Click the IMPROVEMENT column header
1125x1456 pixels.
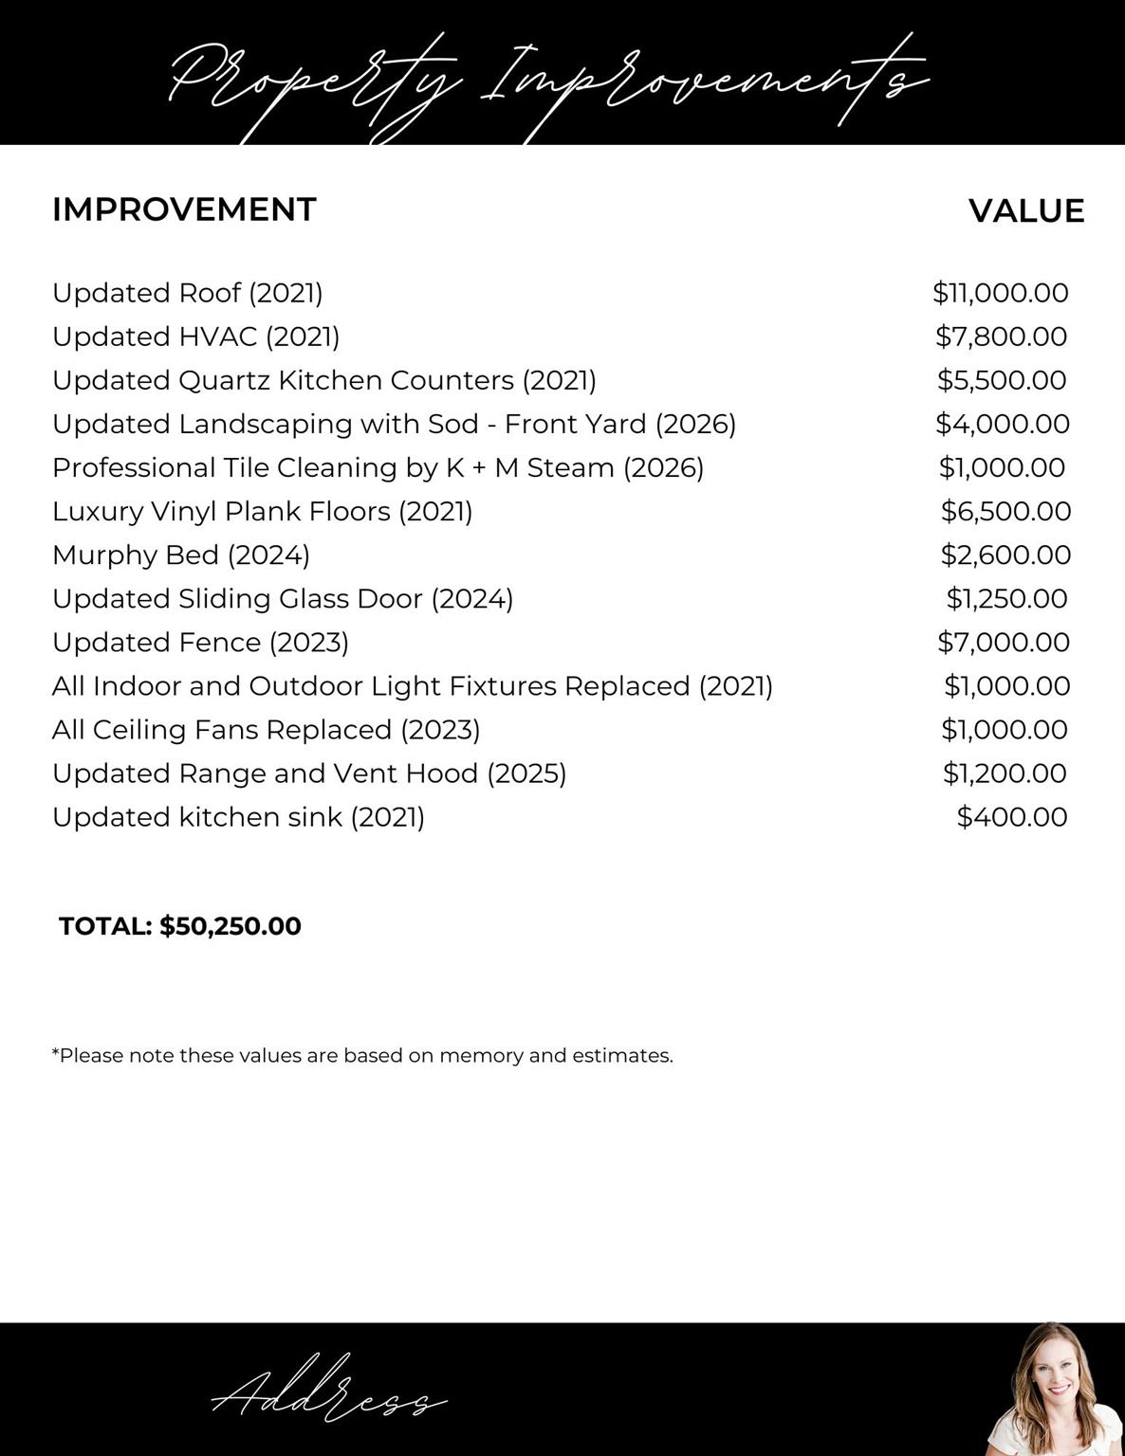(x=184, y=209)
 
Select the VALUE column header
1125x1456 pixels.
(x=1026, y=210)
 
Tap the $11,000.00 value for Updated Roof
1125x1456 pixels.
(x=1000, y=293)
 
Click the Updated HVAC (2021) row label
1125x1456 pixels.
(x=195, y=337)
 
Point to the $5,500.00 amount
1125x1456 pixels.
(x=1002, y=380)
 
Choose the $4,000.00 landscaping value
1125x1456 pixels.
(x=1002, y=424)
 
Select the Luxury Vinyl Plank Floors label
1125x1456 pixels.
(x=262, y=511)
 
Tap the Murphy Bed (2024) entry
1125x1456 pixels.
(x=181, y=555)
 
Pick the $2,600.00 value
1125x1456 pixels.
(x=1005, y=555)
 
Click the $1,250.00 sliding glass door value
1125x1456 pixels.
(x=1006, y=598)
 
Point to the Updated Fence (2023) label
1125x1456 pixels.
(x=200, y=642)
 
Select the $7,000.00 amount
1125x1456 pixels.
(x=1004, y=642)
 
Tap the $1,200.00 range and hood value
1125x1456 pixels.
(x=1005, y=773)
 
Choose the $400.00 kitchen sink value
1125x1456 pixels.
(x=1011, y=816)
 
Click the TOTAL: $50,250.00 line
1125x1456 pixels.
(x=180, y=926)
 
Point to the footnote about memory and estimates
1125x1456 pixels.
(x=362, y=1055)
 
